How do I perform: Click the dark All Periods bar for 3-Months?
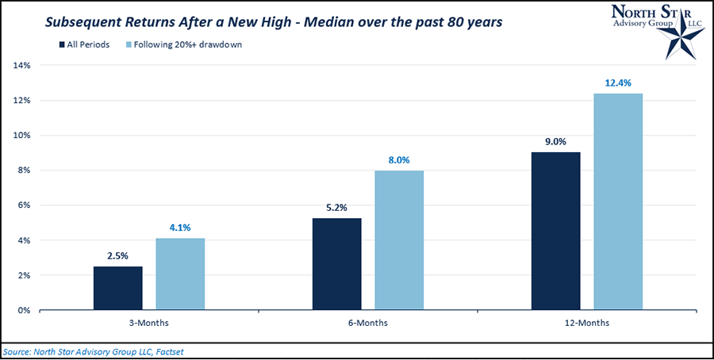point(117,288)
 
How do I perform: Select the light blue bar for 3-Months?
point(180,274)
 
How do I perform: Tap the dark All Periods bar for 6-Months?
point(336,264)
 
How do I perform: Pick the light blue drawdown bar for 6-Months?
point(399,239)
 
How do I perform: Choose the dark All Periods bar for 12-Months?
point(555,231)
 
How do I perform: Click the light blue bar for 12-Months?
point(618,201)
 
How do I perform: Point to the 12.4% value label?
point(618,82)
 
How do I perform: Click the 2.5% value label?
point(117,255)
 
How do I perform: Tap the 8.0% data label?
point(399,159)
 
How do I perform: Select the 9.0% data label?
point(555,141)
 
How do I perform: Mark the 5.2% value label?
point(336,208)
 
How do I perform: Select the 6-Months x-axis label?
point(368,324)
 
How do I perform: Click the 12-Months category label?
point(587,324)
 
